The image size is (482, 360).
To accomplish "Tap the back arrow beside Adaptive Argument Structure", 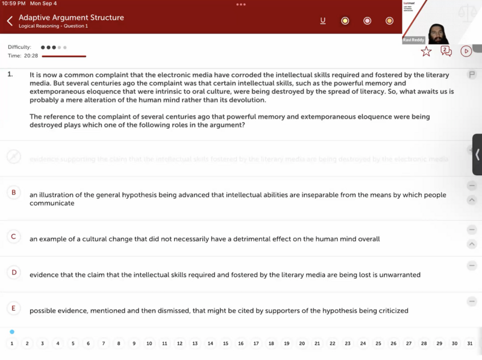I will tap(10, 21).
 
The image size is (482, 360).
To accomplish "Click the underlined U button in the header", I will tap(323, 20).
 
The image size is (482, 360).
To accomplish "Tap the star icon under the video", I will tap(426, 51).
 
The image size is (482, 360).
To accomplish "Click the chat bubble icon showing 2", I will tap(446, 51).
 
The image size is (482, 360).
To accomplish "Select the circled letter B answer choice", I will tap(13, 193).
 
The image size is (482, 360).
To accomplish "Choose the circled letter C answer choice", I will tap(13, 237).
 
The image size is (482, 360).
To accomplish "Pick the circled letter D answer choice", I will tap(13, 273).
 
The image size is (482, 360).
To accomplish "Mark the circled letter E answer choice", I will tap(13, 309).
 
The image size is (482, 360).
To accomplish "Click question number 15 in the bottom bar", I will tap(225, 344).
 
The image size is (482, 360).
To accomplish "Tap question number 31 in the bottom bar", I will tap(470, 344).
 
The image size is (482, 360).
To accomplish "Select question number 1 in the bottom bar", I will tap(12, 344).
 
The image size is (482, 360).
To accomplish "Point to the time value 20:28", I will tap(31, 55).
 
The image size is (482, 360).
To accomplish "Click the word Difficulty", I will tap(19, 47).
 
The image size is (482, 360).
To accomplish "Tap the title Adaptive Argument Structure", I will tap(71, 17).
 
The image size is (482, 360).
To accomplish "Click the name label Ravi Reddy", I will tap(413, 40).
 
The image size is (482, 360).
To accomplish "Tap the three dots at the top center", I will tap(241, 4).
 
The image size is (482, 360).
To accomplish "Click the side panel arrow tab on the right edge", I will tap(477, 155).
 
